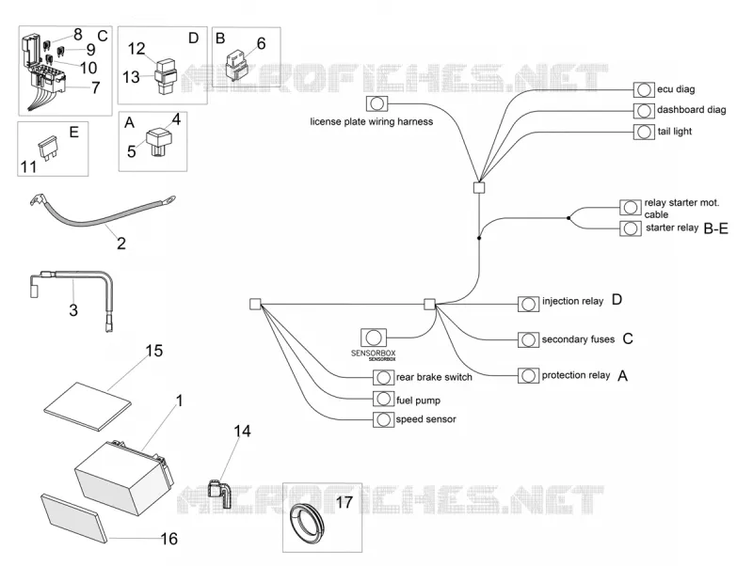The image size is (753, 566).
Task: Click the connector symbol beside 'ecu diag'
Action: coord(644,89)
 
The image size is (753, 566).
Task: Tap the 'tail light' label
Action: coord(674,132)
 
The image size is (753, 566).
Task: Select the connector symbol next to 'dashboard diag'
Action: coord(644,111)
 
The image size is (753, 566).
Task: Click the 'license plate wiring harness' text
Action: coord(371,122)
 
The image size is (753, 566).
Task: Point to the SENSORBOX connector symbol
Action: coord(373,338)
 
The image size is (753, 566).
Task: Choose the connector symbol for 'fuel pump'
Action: coord(383,399)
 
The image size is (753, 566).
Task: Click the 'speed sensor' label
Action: coord(425,419)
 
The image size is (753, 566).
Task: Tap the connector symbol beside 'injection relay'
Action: coord(528,304)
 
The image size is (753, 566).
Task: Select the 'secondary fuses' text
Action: coord(578,339)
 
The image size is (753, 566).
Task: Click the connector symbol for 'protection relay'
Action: coord(528,375)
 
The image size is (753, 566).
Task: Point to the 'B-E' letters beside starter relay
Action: coord(715,228)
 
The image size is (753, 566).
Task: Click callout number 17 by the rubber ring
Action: coord(344,502)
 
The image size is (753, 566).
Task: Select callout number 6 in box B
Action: coord(261,43)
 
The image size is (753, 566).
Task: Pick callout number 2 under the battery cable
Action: coord(121,244)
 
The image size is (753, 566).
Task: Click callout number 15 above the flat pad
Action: coord(154,351)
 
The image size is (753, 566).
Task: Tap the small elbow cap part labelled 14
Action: coord(219,493)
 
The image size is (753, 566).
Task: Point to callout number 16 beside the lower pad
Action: coord(169,539)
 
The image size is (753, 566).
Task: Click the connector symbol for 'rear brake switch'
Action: coord(383,378)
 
